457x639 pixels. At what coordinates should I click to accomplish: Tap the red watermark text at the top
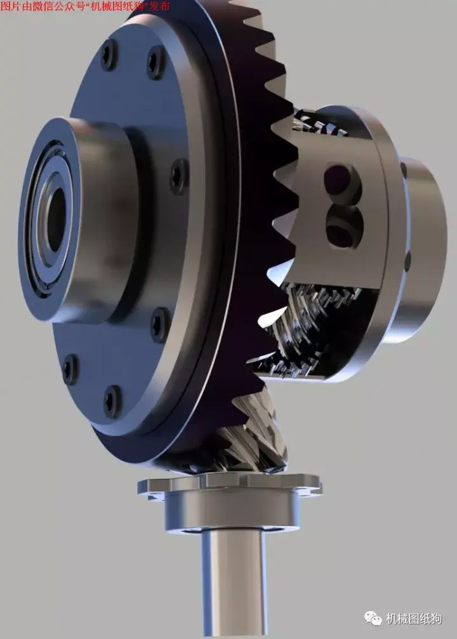[85, 7]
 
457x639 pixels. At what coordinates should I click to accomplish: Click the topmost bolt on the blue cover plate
[109, 55]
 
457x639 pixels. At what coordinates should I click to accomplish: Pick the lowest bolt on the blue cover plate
[112, 400]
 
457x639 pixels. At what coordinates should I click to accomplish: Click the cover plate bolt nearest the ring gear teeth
[180, 176]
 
